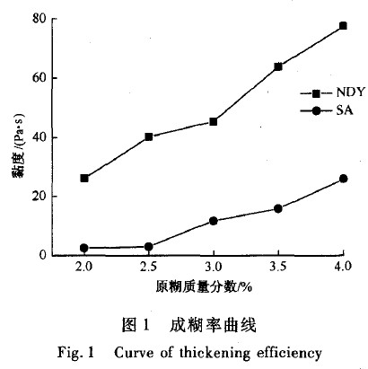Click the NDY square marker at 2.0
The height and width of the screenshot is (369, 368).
coord(84,179)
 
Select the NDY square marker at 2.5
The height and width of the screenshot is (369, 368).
coord(149,136)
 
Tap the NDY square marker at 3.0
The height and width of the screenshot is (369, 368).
coord(214,121)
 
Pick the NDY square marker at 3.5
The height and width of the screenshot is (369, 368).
coord(278,66)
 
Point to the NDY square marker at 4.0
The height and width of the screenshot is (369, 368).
coord(343,26)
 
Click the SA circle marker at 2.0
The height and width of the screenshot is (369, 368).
coord(84,248)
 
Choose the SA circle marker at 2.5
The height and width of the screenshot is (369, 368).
coord(149,247)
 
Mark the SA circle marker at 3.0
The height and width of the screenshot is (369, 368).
coord(214,221)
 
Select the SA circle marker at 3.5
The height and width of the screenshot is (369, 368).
coord(278,208)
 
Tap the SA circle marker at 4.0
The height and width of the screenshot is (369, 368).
coord(344,179)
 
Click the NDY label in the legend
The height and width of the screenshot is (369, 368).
coord(350,92)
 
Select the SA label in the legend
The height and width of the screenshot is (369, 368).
coord(345,110)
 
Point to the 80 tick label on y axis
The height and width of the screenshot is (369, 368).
coord(39,20)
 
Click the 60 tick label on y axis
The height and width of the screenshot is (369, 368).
coord(39,78)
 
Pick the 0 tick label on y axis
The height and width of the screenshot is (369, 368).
coord(43,255)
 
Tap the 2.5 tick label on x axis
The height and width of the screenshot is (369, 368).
coord(149,267)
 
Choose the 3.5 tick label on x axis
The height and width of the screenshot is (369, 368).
coord(278,267)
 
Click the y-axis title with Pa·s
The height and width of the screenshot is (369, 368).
coord(19,145)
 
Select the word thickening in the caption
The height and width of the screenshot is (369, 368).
coord(215,353)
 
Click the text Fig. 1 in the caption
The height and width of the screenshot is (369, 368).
coord(75,352)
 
